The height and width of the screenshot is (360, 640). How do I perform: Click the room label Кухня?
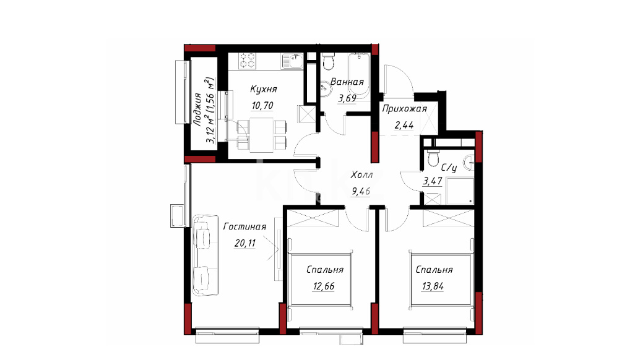(263, 89)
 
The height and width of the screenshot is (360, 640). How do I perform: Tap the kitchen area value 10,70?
(262, 106)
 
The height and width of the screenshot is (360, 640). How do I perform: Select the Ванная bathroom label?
(347, 82)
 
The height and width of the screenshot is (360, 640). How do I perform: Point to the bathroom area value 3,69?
(347, 98)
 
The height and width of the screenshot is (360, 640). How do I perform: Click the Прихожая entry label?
(405, 109)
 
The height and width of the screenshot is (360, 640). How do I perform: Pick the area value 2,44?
(404, 125)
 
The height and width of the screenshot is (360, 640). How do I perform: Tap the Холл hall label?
(361, 175)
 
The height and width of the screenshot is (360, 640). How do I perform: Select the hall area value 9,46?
(361, 191)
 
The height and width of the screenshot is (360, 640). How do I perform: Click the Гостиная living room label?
(244, 226)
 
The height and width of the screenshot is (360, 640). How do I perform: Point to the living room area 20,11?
(245, 243)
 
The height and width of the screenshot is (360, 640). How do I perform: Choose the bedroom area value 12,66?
(324, 286)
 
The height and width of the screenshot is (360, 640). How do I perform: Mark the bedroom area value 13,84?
(433, 286)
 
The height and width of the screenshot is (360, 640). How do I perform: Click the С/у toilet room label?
(449, 167)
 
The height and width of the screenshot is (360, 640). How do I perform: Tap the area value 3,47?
(433, 181)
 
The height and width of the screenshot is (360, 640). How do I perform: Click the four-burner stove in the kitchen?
(248, 61)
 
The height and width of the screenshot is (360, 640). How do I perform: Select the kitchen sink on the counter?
(293, 61)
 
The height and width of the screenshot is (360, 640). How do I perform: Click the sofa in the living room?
(205, 255)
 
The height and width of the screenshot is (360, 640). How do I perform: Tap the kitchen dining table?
(262, 134)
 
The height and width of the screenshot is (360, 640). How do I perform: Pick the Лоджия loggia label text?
(197, 109)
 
